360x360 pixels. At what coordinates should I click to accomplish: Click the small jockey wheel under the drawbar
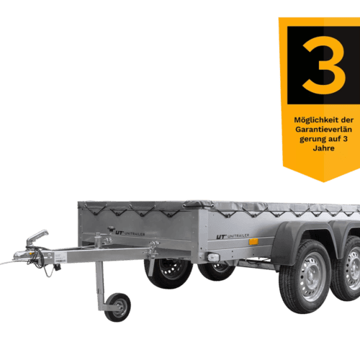tap(117, 306)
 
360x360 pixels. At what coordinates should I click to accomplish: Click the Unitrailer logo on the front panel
tap(123, 232)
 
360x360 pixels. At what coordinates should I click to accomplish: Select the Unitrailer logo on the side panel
tap(231, 235)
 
